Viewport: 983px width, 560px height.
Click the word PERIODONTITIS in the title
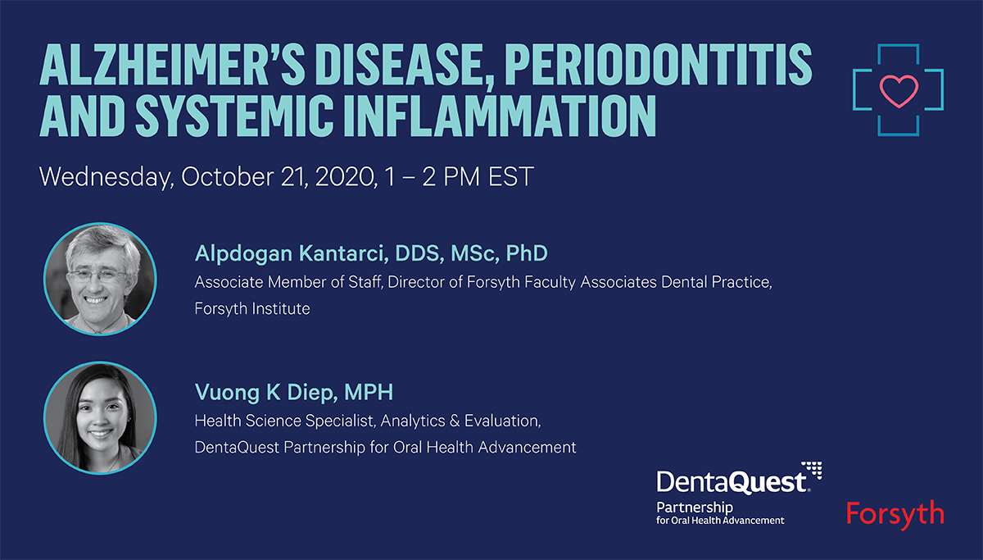tap(659, 64)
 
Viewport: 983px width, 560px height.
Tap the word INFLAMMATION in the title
tap(500, 116)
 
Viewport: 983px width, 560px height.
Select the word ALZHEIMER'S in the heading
tap(173, 64)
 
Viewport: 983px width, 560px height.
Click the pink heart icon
tap(899, 91)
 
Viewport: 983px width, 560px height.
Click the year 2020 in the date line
tap(346, 176)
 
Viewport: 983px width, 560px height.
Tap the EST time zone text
tap(511, 176)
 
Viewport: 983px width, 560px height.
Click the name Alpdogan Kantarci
tap(292, 254)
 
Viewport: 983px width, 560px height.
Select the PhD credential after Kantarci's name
tap(527, 253)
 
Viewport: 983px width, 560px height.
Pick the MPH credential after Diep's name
tap(369, 392)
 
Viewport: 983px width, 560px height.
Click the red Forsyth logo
tap(895, 514)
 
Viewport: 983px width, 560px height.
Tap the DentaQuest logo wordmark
tap(733, 482)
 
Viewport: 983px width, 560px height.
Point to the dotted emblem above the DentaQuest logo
tap(812, 469)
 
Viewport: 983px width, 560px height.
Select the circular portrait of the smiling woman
tap(100, 417)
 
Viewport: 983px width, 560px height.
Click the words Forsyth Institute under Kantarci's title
tap(252, 309)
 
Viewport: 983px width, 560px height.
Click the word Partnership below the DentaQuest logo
tap(695, 508)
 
